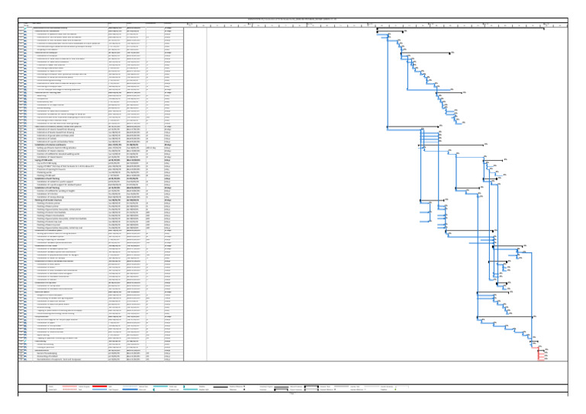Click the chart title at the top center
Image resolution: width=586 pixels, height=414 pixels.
tap(293, 19)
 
